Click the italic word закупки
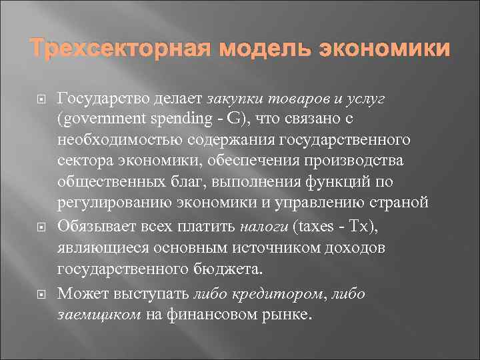tap(236, 99)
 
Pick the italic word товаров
tap(299, 99)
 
